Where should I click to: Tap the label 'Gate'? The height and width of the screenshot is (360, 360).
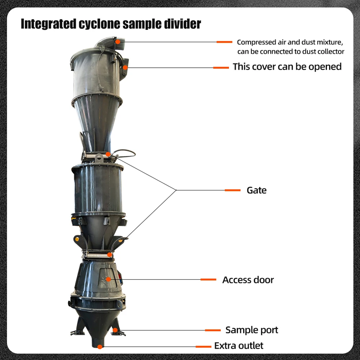pyautogui.click(x=256, y=190)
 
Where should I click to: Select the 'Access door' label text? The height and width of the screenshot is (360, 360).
pyautogui.click(x=248, y=280)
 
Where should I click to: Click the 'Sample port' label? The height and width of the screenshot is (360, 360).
pyautogui.click(x=252, y=330)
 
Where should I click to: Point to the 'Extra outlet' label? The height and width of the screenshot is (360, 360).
pyautogui.click(x=239, y=346)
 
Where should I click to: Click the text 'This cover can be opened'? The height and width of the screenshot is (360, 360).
pyautogui.click(x=287, y=67)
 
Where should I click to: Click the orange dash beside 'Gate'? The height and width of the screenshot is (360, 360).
pyautogui.click(x=233, y=190)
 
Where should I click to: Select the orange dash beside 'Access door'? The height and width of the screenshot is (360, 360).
pyautogui.click(x=208, y=279)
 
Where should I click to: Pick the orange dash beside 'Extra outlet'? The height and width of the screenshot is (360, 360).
pyautogui.click(x=203, y=346)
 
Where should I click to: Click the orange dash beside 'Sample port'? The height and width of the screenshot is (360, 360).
pyautogui.click(x=213, y=330)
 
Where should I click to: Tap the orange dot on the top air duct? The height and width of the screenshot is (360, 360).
pyautogui.click(x=118, y=42)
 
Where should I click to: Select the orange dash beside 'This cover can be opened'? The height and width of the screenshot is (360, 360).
pyautogui.click(x=221, y=67)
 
